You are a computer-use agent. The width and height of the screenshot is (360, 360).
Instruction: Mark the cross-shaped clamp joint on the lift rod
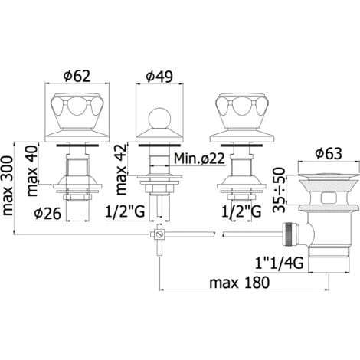(x=159, y=234)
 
